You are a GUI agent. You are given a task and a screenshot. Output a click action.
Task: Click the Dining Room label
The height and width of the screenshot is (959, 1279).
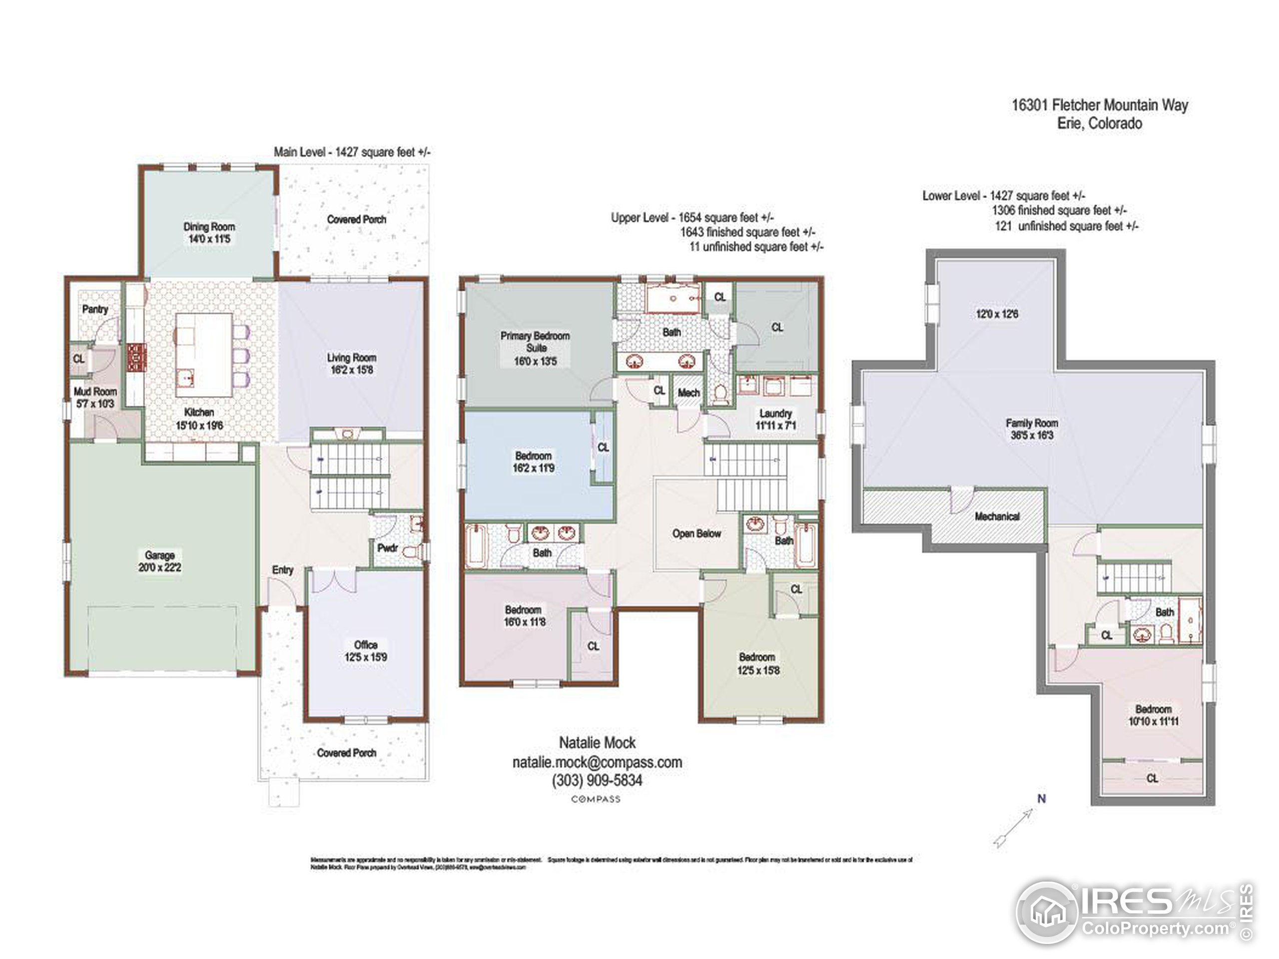(209, 227)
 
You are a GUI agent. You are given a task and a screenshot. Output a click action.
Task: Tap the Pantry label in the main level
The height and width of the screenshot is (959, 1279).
(95, 309)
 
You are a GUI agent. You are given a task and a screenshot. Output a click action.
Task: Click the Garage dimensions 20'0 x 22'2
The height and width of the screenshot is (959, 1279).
(159, 567)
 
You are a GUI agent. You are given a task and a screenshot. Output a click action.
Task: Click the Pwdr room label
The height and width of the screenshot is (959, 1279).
(387, 547)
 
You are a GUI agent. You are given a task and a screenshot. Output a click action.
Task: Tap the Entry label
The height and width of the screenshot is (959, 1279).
(283, 570)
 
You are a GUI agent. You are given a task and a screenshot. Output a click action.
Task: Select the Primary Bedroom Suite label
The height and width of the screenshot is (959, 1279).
(535, 342)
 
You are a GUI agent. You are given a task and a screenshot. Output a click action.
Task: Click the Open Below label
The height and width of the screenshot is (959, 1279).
(696, 533)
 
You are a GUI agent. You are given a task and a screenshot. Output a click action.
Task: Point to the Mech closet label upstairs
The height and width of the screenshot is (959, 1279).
(688, 393)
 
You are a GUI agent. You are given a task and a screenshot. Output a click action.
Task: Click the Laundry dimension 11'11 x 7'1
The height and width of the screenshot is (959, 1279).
(775, 426)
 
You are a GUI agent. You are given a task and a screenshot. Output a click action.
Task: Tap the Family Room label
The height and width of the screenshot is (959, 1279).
(1032, 423)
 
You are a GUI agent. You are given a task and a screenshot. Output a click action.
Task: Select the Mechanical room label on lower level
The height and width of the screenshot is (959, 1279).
(997, 516)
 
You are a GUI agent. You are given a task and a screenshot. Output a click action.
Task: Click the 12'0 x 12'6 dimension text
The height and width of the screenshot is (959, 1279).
(997, 314)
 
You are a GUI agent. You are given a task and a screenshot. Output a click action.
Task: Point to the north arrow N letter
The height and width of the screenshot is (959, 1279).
(1041, 799)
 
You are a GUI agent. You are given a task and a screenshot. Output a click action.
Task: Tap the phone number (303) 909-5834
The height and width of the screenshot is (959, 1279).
(597, 780)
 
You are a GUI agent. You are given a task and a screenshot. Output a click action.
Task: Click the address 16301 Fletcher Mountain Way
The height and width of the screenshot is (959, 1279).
(1099, 105)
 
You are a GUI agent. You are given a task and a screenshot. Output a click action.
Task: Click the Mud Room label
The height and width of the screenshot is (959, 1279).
(95, 392)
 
